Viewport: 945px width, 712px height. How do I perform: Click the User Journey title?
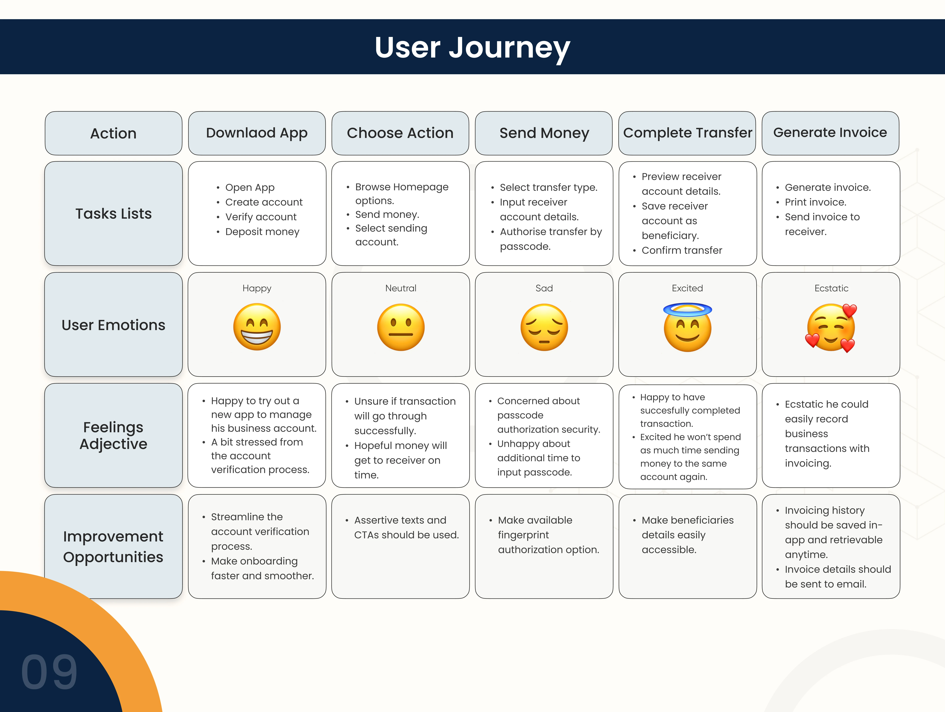point(472,48)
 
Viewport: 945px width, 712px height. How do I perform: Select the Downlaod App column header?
point(257,133)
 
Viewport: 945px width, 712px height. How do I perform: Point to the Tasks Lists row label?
point(114,213)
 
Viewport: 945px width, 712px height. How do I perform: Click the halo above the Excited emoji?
point(687,309)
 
